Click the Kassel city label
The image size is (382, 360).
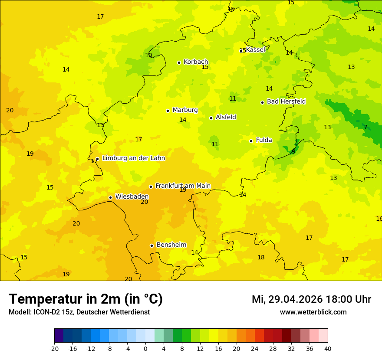(x=255, y=50)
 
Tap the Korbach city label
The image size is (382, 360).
(x=196, y=62)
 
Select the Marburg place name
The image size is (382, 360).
(x=185, y=110)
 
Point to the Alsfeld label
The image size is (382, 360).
(x=226, y=117)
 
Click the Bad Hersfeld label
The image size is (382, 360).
(x=286, y=101)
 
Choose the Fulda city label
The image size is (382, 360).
(x=264, y=140)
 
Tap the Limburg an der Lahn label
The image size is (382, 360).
(x=133, y=158)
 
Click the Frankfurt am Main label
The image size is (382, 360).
(x=183, y=186)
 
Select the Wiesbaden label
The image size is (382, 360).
(x=132, y=197)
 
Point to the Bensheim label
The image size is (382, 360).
(x=171, y=245)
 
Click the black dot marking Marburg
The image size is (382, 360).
(x=168, y=111)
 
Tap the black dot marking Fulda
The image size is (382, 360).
(x=251, y=141)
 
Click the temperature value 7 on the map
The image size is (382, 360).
(x=366, y=127)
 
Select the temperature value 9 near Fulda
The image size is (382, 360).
(x=293, y=151)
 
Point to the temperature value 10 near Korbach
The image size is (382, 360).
(x=148, y=55)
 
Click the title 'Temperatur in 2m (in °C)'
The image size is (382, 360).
(x=86, y=299)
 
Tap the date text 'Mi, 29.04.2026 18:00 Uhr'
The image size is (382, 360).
(x=311, y=299)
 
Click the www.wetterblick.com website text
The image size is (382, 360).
(x=313, y=312)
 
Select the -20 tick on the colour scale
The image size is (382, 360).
(x=54, y=349)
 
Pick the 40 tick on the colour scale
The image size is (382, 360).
(x=327, y=349)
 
